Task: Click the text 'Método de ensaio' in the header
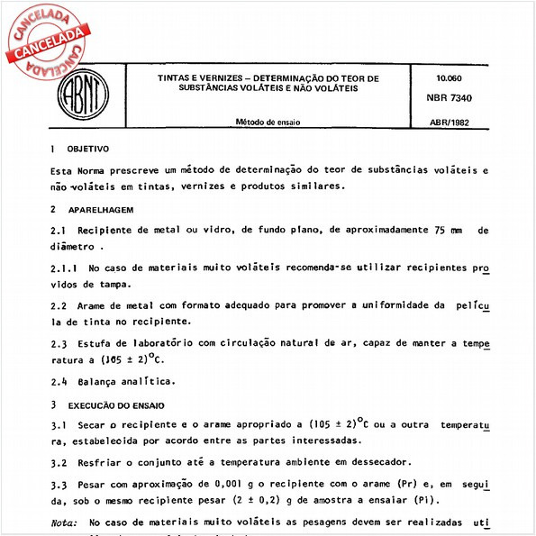point(268,121)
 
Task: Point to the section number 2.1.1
point(63,268)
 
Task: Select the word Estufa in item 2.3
point(94,343)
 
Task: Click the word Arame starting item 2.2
point(94,305)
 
